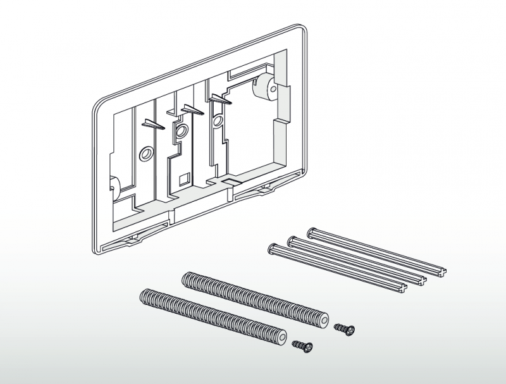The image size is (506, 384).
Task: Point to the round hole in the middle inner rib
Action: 181,132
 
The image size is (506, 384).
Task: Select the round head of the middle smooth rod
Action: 293,240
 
